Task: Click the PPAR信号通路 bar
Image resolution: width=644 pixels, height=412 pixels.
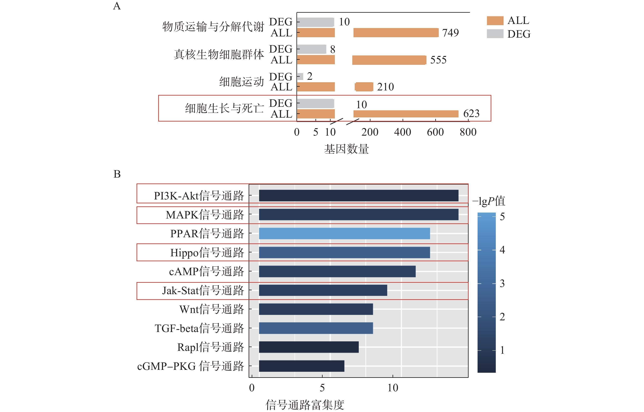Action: (x=344, y=234)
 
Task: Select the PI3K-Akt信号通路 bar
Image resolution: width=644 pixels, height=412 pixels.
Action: (x=358, y=196)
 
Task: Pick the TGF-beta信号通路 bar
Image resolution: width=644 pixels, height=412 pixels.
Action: (x=316, y=328)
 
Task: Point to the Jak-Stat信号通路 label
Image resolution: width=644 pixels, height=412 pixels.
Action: (x=203, y=290)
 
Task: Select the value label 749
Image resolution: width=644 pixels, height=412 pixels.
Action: (x=450, y=33)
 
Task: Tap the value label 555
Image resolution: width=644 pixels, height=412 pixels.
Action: (x=438, y=60)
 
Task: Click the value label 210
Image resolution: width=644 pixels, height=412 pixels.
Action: (x=385, y=87)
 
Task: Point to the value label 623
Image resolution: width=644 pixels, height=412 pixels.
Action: (x=471, y=114)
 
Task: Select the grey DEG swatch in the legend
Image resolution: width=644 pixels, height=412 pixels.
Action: (x=495, y=34)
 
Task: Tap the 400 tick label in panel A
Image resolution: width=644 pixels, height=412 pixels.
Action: (x=403, y=132)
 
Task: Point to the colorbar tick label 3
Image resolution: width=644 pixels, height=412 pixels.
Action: (x=502, y=283)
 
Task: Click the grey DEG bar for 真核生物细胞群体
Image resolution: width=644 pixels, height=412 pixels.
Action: (x=312, y=49)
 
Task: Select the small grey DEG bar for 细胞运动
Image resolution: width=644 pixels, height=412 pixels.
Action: (x=300, y=77)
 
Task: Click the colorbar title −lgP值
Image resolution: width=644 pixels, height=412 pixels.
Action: (x=489, y=201)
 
